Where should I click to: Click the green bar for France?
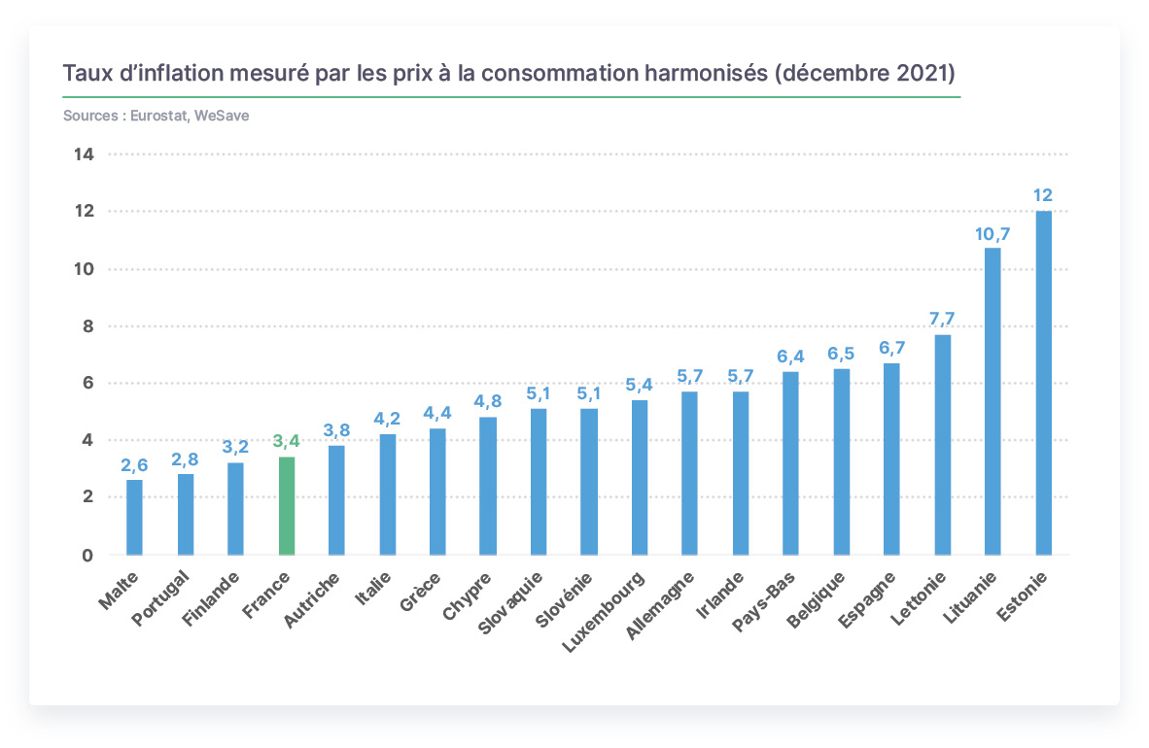(x=287, y=505)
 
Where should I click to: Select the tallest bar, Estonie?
(x=1043, y=383)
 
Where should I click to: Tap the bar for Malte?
(x=134, y=517)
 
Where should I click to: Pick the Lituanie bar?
(x=992, y=401)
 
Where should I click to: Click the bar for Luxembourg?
(x=639, y=477)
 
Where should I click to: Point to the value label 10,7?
(x=992, y=234)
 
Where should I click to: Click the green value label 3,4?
(x=287, y=441)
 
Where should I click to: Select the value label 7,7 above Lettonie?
(x=942, y=319)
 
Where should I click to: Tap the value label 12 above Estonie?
(x=1043, y=195)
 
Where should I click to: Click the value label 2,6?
(x=134, y=465)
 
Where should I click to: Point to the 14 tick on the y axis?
(x=84, y=153)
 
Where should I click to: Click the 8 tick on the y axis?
(x=87, y=326)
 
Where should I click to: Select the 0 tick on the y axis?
(x=87, y=556)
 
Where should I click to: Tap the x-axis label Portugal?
(x=160, y=598)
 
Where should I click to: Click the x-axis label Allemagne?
(x=659, y=606)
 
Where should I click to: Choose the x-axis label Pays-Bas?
(x=763, y=602)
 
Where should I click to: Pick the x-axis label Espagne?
(x=867, y=600)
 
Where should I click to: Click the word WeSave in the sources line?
(x=222, y=116)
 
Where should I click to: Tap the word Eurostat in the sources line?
(x=159, y=116)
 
